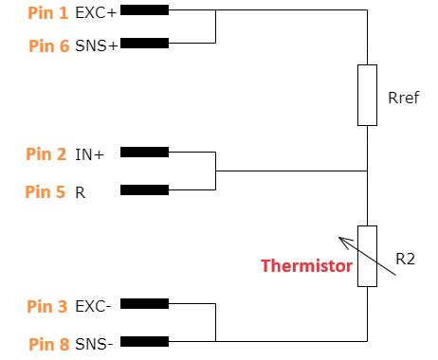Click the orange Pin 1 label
pos(48,13)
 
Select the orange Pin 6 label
pos(49,45)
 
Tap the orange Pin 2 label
pos(46,154)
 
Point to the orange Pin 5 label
pos(46,191)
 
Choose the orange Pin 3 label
pos(47,306)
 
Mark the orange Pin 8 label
pos(49,344)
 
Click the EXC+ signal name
pos(96,13)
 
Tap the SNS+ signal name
pos(97,45)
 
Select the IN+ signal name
pos(89,154)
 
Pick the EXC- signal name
pos(93,306)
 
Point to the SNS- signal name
pos(94,344)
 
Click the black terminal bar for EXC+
pos(145,10)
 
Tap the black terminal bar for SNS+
pos(145,43)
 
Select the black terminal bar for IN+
pos(145,152)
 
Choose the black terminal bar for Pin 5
pos(145,189)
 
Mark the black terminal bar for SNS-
pos(145,341)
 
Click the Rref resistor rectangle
pos(367,95)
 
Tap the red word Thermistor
pos(306,265)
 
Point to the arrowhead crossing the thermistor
pos(344,242)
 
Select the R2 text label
pos(406,259)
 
